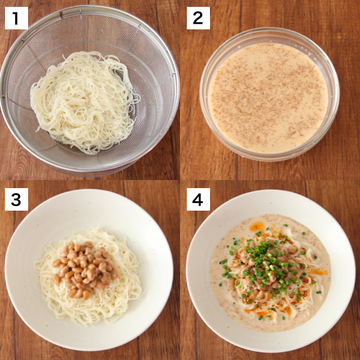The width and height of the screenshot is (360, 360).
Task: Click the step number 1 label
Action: coord(16,18)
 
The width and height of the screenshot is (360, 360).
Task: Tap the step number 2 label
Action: coord(198,18)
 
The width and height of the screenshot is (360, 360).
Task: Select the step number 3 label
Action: coord(16,199)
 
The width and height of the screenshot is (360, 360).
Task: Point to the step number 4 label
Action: coord(198,199)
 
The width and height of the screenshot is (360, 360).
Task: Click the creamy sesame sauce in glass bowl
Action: coord(268,97)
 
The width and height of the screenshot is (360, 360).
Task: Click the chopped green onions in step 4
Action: coord(267,263)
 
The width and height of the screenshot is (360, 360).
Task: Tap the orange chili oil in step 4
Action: coord(257,227)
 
